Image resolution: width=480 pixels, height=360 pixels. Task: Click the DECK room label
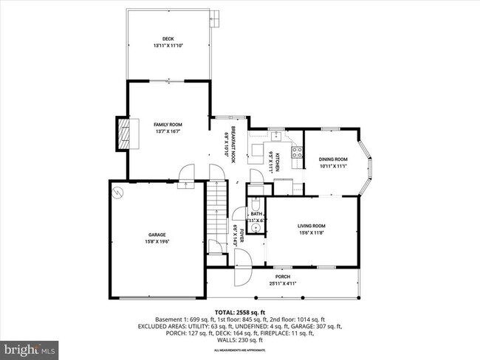click(167, 39)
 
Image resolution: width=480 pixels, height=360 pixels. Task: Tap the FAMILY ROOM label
click(168, 125)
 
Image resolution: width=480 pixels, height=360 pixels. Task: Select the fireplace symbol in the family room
click(124, 134)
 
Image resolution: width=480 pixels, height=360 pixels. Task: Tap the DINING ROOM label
click(333, 159)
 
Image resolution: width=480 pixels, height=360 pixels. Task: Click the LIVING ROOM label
click(312, 226)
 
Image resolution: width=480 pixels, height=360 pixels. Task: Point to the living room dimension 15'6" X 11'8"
click(312, 233)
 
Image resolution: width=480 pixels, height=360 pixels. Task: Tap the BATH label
click(256, 214)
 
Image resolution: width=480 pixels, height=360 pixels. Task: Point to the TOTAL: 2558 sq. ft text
click(240, 312)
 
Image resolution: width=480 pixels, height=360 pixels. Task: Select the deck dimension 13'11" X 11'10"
click(167, 46)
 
